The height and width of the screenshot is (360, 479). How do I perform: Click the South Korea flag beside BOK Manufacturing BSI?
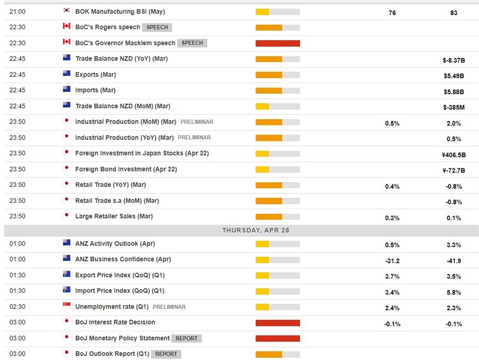[x=67, y=11]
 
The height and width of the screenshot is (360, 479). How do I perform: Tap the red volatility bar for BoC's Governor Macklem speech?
[x=277, y=43]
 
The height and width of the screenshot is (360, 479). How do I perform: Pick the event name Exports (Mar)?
[x=95, y=75]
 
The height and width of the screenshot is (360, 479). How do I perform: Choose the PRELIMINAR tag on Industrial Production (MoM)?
[x=196, y=122]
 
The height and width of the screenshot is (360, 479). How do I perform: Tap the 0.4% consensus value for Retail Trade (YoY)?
[x=392, y=186]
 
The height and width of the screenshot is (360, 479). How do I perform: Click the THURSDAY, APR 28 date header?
[x=241, y=230]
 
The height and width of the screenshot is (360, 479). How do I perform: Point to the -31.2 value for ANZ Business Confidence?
[x=392, y=261]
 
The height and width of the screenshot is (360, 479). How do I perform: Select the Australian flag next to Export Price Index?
[x=67, y=275]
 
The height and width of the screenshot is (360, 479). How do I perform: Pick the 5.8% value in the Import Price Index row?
[x=453, y=292]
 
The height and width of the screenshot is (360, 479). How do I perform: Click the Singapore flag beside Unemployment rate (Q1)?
[x=67, y=306]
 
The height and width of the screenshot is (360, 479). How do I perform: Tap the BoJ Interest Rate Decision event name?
[x=115, y=322]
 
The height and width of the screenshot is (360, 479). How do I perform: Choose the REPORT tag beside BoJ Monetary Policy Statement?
[x=186, y=338]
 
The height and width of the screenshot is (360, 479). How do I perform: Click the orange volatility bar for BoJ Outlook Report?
[x=269, y=354]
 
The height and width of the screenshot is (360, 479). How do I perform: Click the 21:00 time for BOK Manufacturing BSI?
[x=16, y=11]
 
